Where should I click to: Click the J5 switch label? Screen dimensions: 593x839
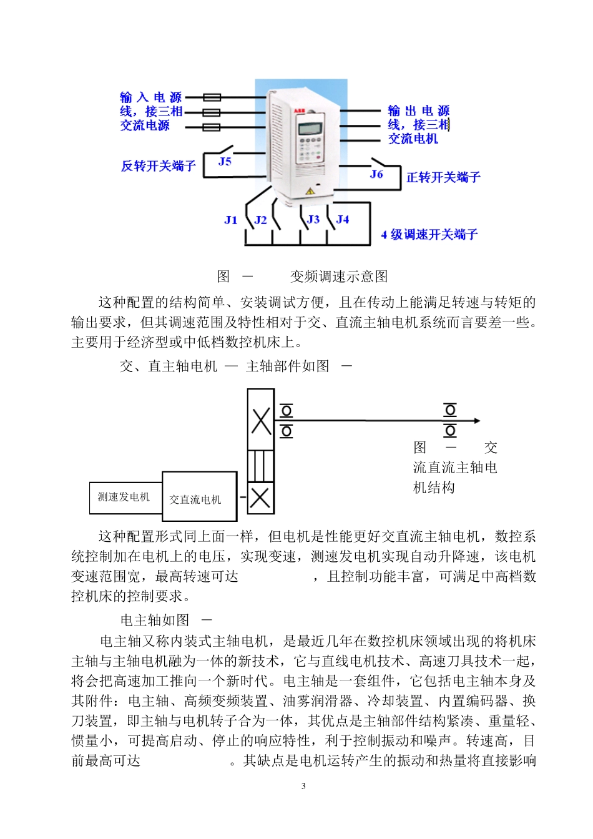(x=225, y=162)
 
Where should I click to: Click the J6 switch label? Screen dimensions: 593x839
(x=376, y=174)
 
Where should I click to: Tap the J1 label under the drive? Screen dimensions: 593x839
(x=231, y=220)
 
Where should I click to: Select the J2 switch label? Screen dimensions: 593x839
(x=261, y=220)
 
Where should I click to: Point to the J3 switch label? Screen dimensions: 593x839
(x=313, y=219)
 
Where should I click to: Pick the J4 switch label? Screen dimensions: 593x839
(x=343, y=219)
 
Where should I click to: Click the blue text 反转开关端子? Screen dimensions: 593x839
(x=159, y=166)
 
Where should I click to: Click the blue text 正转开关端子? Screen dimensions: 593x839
(x=443, y=177)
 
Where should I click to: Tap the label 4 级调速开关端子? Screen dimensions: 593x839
(x=429, y=235)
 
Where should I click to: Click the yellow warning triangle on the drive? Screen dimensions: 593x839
(x=309, y=191)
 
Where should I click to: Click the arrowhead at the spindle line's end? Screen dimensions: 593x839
(x=477, y=421)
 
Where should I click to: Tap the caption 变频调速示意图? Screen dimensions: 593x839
(x=339, y=277)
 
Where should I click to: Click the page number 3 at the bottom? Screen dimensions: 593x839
(x=303, y=786)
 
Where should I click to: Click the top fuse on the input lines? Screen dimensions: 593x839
(x=212, y=97)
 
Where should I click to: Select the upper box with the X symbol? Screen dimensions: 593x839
(x=261, y=419)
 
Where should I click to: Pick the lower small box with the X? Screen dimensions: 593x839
(x=260, y=498)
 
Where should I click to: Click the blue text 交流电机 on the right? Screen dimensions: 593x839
(x=413, y=139)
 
